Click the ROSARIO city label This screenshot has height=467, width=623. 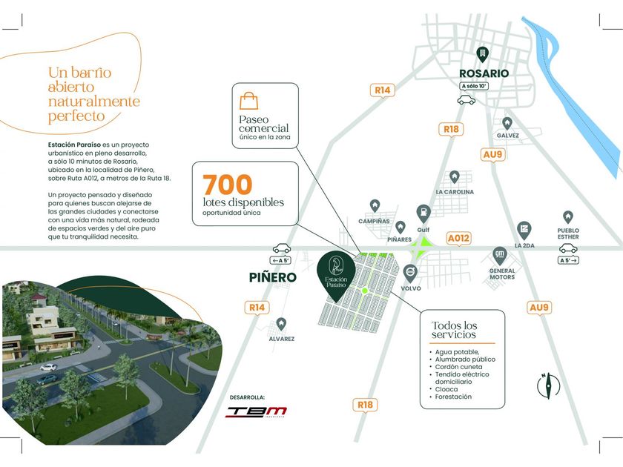[484, 73]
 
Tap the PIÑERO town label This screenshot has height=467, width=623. [273, 277]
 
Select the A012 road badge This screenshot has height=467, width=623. [458, 238]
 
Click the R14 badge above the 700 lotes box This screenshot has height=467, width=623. [383, 90]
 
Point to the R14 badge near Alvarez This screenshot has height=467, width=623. [257, 308]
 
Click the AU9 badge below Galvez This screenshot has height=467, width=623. [492, 154]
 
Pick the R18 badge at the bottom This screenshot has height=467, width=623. [365, 405]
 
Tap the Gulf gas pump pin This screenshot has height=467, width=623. [423, 213]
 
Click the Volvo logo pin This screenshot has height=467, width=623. [410, 274]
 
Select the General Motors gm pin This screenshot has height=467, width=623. [499, 255]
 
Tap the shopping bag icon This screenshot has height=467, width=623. [248, 101]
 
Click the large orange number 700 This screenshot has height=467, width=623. [228, 185]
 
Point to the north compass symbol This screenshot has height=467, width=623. [548, 385]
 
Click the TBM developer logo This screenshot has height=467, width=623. [257, 412]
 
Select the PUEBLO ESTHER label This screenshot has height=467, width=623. [568, 233]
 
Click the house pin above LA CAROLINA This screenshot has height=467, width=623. [455, 176]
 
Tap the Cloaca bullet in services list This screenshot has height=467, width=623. [446, 389]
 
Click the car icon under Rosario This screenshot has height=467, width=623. [467, 99]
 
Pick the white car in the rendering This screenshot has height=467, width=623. [48, 368]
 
